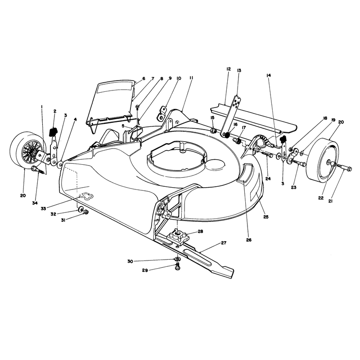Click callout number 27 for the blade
(x=223, y=243)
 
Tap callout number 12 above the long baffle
(x=228, y=69)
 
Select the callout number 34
(x=35, y=203)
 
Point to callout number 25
(x=265, y=217)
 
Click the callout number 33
(x=43, y=208)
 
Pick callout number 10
(x=179, y=78)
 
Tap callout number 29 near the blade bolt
(x=145, y=270)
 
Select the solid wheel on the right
(x=322, y=159)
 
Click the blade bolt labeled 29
(x=177, y=267)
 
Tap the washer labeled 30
(x=177, y=259)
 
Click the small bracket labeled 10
(x=162, y=113)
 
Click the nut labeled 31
(x=86, y=212)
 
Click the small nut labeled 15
(x=213, y=131)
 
